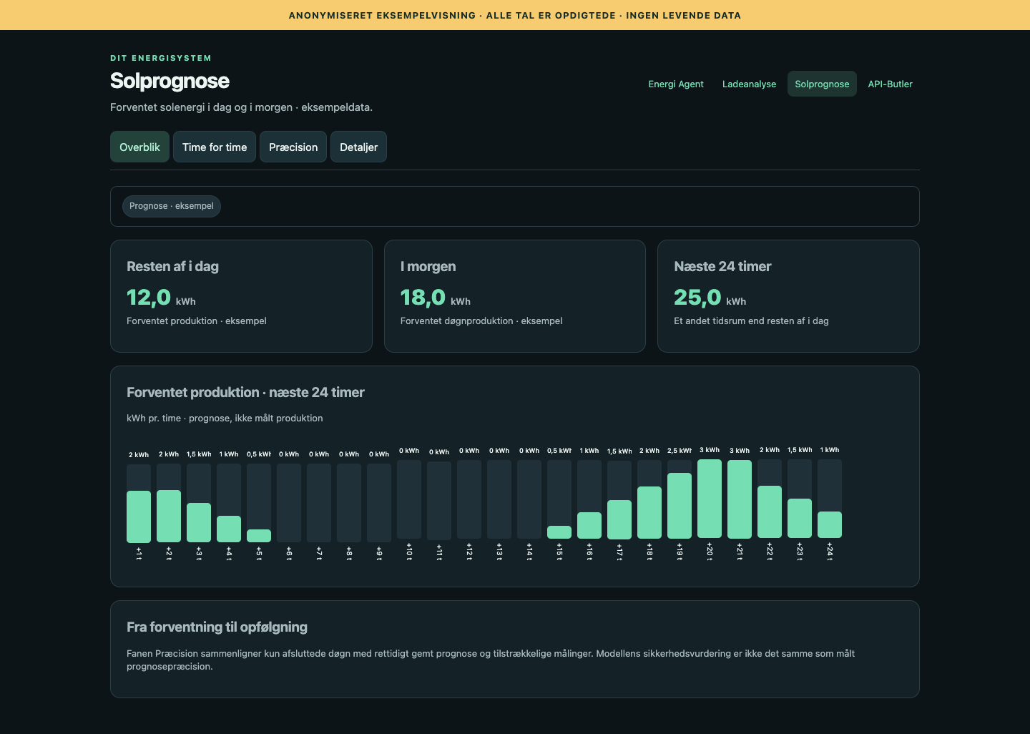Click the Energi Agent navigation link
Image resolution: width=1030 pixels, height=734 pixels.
[675, 84]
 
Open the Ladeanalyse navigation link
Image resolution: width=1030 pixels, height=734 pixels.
[749, 84]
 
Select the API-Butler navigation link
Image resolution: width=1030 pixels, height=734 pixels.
[890, 84]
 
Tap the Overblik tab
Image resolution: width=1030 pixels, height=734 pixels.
[139, 147]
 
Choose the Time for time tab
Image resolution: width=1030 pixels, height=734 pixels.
[215, 147]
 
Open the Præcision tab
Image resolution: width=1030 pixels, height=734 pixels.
[293, 147]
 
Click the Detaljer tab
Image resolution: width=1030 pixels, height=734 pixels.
[358, 147]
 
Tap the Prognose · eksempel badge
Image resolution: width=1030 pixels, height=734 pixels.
[172, 206]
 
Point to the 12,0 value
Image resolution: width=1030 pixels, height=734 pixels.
[149, 297]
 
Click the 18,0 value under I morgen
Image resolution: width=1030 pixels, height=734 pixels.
[423, 297]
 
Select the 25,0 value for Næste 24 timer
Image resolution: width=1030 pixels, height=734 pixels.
[697, 297]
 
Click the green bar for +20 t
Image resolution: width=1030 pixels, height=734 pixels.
[710, 499]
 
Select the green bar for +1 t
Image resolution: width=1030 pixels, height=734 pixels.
[139, 517]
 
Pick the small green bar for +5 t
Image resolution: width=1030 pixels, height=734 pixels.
[259, 536]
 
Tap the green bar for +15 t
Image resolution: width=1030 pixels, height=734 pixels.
[559, 532]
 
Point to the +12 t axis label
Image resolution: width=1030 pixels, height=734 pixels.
[469, 552]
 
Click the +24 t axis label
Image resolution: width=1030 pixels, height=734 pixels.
[830, 552]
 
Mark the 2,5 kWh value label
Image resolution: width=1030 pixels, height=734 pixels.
[680, 451]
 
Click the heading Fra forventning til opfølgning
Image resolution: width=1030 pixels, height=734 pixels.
[217, 627]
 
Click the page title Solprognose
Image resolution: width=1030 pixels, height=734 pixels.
[170, 81]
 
